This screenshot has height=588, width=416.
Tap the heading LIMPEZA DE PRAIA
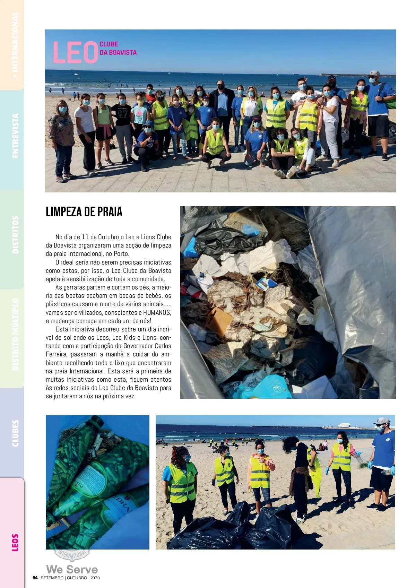tap(84, 212)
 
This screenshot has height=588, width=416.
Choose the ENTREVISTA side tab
tap(15, 136)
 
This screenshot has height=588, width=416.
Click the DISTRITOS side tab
tap(15, 235)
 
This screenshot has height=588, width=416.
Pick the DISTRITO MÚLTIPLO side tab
tap(15, 334)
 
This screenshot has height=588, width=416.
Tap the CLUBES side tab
tap(15, 433)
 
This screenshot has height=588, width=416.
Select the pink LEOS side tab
tap(15, 542)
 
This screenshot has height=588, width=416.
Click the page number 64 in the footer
tap(35, 578)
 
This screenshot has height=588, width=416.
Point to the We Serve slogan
tap(72, 569)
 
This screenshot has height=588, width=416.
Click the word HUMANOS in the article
tap(157, 312)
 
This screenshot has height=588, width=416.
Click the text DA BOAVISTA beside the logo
tap(118, 53)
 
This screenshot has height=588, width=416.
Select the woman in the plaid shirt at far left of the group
tap(62, 142)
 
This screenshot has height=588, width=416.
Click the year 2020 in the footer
tap(95, 578)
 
